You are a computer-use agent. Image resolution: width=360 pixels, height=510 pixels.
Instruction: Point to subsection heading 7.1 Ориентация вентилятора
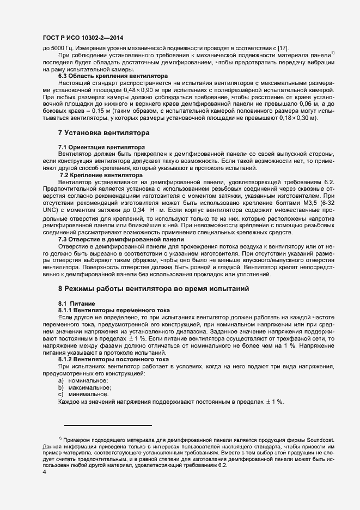(101, 148)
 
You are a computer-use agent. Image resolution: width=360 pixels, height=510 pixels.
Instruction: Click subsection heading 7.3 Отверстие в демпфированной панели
(121, 240)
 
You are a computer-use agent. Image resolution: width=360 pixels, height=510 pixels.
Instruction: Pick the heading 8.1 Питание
(77, 303)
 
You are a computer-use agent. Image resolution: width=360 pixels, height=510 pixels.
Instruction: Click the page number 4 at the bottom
(45, 472)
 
